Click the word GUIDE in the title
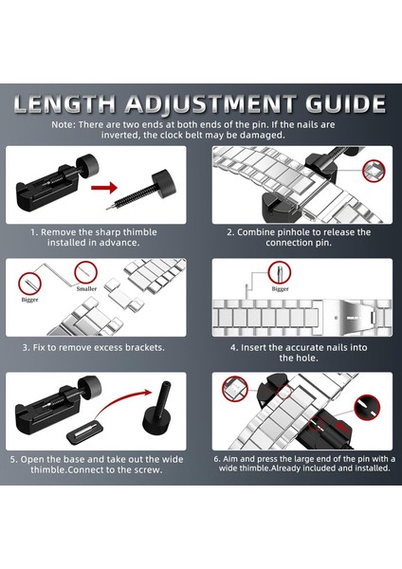click(345, 104)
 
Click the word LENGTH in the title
click(64, 104)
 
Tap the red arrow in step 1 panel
click(104, 188)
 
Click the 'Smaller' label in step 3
click(86, 289)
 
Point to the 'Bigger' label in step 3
click(29, 300)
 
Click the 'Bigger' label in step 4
click(280, 289)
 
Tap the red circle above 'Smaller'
click(85, 273)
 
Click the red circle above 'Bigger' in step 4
click(280, 273)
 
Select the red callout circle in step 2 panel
click(374, 171)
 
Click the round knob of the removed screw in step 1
click(164, 184)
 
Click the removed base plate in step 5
click(84, 432)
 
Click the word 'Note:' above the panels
click(64, 125)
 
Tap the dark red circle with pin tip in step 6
click(367, 408)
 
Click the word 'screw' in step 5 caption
click(149, 470)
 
